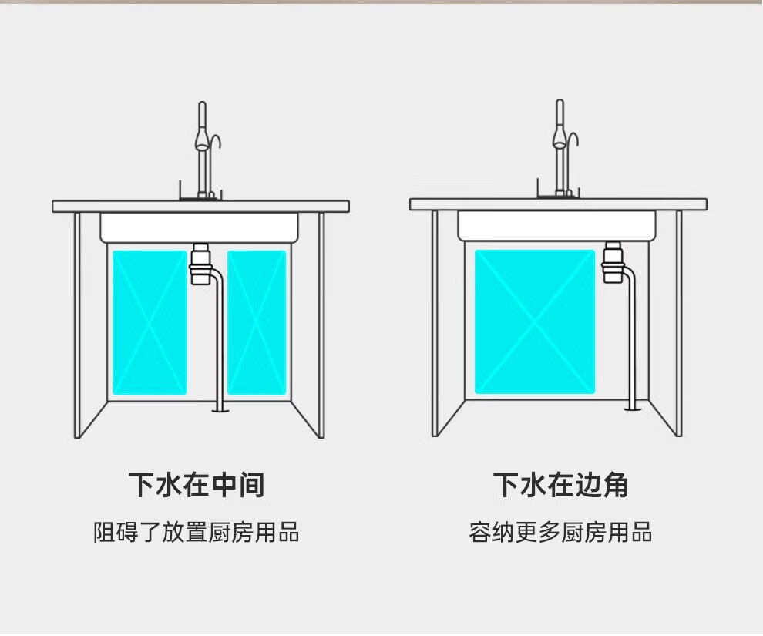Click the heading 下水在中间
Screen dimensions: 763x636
click(x=197, y=485)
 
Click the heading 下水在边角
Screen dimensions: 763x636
click(x=560, y=485)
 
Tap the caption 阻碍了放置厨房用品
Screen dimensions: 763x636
click(x=197, y=533)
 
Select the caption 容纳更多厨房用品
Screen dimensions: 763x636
click(x=560, y=533)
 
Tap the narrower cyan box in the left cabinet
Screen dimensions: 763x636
click(x=257, y=321)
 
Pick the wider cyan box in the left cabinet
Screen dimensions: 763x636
click(x=150, y=321)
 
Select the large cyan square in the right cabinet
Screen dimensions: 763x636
click(x=535, y=321)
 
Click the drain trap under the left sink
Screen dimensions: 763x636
click(x=200, y=264)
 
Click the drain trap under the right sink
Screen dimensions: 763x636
click(x=613, y=262)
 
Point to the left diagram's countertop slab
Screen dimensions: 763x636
click(x=200, y=206)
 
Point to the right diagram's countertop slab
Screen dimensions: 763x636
click(x=558, y=204)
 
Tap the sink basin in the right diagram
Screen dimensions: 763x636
click(x=557, y=225)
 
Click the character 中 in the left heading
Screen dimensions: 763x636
click(x=224, y=485)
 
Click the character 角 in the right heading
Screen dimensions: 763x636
click(x=615, y=485)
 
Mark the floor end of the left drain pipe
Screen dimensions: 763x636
click(x=220, y=410)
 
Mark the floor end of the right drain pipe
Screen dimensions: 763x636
click(x=634, y=408)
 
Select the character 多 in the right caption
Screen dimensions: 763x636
click(x=549, y=533)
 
